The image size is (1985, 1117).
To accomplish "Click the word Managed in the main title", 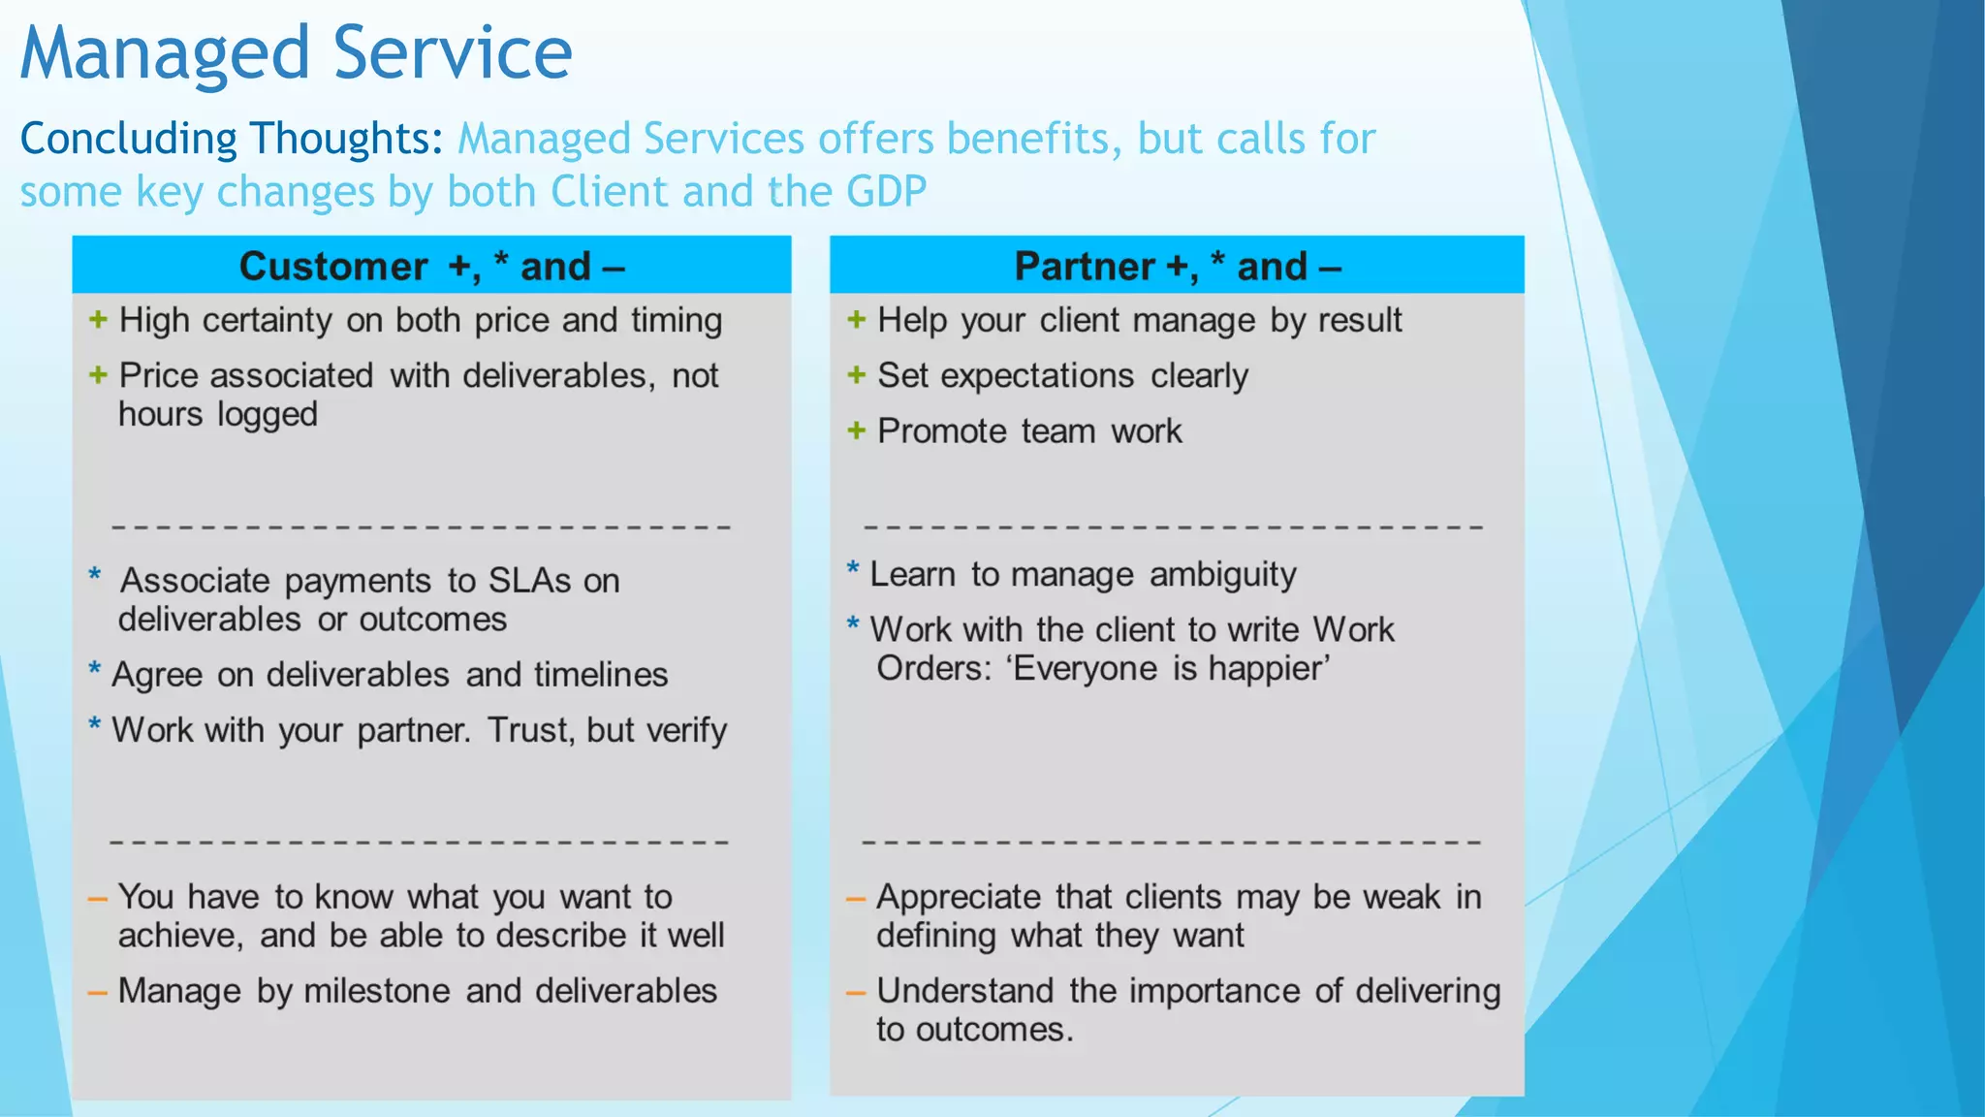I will coord(165,54).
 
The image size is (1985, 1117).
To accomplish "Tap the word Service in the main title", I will coord(453,54).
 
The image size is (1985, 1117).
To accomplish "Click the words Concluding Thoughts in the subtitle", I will coord(231,139).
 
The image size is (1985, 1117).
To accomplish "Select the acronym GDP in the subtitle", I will coord(886,192).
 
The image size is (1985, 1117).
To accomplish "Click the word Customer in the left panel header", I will coord(332,267).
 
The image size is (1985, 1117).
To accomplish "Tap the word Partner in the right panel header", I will coord(1084,267).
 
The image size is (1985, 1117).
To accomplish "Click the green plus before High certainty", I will coord(98,320).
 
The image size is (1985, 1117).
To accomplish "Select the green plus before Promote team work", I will coord(856,431).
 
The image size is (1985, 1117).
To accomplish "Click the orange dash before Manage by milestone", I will coord(97,993).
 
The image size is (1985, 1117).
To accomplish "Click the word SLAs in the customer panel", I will coord(529,581).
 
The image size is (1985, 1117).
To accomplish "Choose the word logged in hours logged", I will coord(268,415).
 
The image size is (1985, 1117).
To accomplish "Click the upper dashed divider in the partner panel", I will coord(1173,527).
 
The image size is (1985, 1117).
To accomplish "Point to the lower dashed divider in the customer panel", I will coord(419,842).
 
